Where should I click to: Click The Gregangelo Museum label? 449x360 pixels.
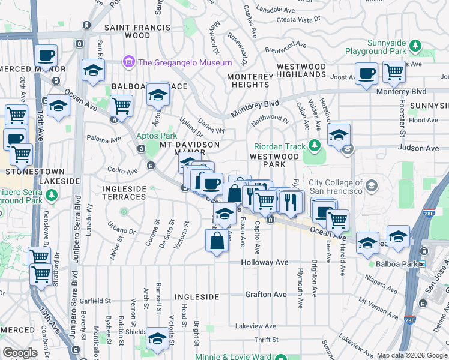click(185, 62)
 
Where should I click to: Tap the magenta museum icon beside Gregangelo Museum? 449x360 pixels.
click(128, 62)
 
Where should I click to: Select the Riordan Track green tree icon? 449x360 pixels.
click(313, 146)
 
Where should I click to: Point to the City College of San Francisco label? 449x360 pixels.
click(336, 187)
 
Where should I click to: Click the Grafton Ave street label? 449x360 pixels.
click(265, 295)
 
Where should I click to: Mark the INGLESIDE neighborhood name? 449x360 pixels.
click(197, 297)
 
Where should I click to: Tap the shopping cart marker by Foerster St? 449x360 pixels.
click(394, 72)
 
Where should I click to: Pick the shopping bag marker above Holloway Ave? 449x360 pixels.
click(217, 241)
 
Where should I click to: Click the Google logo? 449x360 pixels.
click(20, 353)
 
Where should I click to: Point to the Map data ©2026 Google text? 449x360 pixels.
click(412, 355)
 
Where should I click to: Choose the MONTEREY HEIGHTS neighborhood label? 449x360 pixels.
click(250, 80)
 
